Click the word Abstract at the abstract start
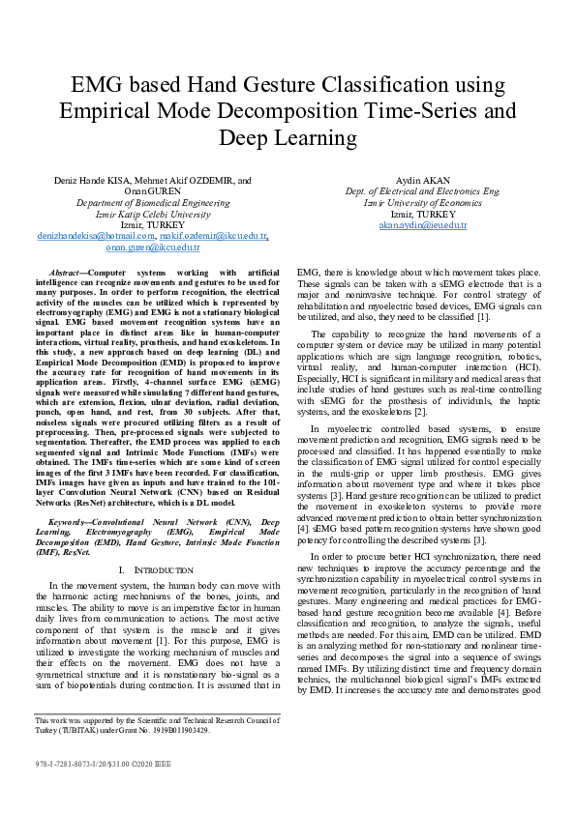coord(66,275)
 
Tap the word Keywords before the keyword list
coord(71,521)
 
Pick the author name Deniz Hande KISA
coord(91,180)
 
